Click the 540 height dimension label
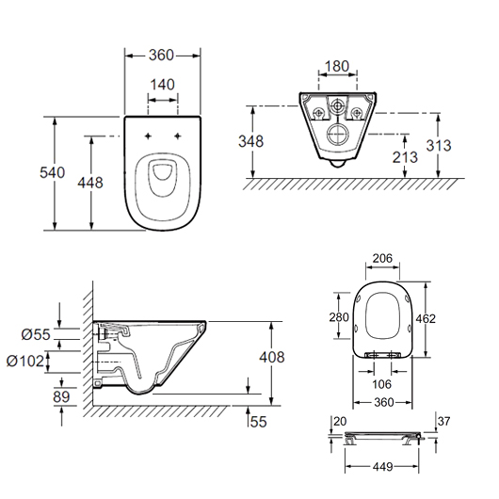[52, 172]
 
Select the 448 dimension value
[90, 183]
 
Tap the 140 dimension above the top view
[162, 85]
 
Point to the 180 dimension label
[337, 66]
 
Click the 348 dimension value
[251, 141]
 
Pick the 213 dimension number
[405, 157]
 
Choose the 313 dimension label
[439, 145]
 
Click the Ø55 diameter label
[36, 334]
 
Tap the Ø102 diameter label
[25, 362]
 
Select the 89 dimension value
[61, 396]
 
